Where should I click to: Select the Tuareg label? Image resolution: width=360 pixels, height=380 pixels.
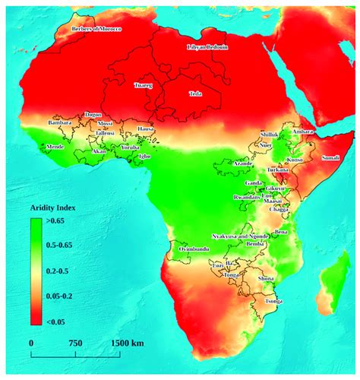[x=143, y=86]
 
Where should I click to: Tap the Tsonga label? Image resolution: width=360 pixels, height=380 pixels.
[x=271, y=301]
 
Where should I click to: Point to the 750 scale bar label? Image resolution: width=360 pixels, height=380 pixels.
[x=74, y=344]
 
